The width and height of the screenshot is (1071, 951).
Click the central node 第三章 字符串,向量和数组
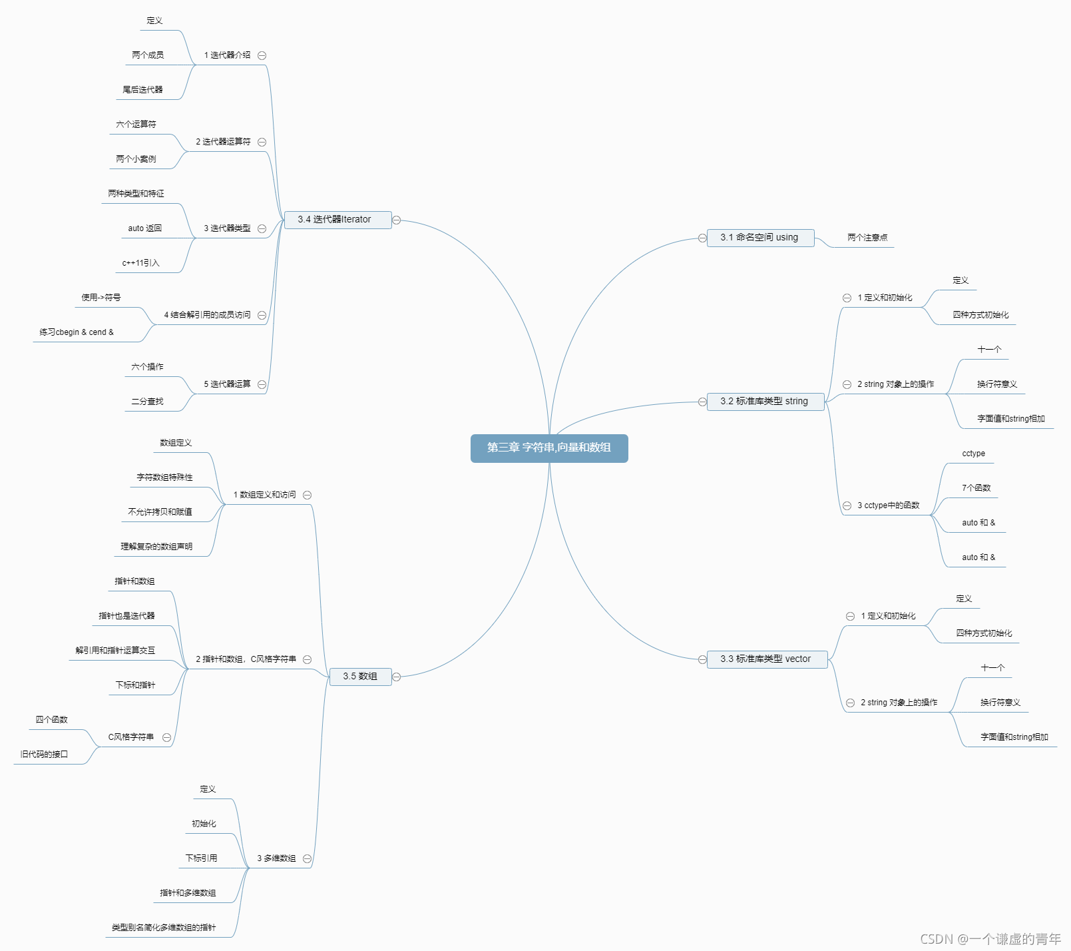(x=549, y=448)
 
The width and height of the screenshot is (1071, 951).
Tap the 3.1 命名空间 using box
(x=760, y=238)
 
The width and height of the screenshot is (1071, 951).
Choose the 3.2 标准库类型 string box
(x=765, y=402)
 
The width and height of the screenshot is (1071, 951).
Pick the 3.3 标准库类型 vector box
(x=766, y=659)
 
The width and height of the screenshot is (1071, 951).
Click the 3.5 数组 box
(x=360, y=677)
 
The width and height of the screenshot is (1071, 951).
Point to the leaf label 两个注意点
(x=867, y=238)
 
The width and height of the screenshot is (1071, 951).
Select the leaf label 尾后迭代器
(x=142, y=90)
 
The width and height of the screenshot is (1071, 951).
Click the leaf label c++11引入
(x=141, y=263)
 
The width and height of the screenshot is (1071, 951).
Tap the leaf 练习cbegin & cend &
(x=77, y=332)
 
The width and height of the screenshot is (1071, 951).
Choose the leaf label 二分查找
(x=147, y=402)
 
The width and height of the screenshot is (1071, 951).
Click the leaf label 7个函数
(x=976, y=488)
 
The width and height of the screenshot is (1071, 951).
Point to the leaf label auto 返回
(x=145, y=228)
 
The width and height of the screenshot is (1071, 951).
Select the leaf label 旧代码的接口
(x=44, y=755)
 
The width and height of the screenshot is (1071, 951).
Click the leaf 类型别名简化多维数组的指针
(x=164, y=928)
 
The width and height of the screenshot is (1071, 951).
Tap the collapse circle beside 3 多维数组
(x=307, y=859)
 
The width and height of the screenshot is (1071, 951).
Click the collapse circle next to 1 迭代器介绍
(x=262, y=56)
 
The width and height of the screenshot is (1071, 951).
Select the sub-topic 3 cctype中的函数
(x=889, y=505)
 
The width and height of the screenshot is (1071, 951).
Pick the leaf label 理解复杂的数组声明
(x=156, y=547)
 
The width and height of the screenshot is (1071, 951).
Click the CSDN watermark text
(x=990, y=939)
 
